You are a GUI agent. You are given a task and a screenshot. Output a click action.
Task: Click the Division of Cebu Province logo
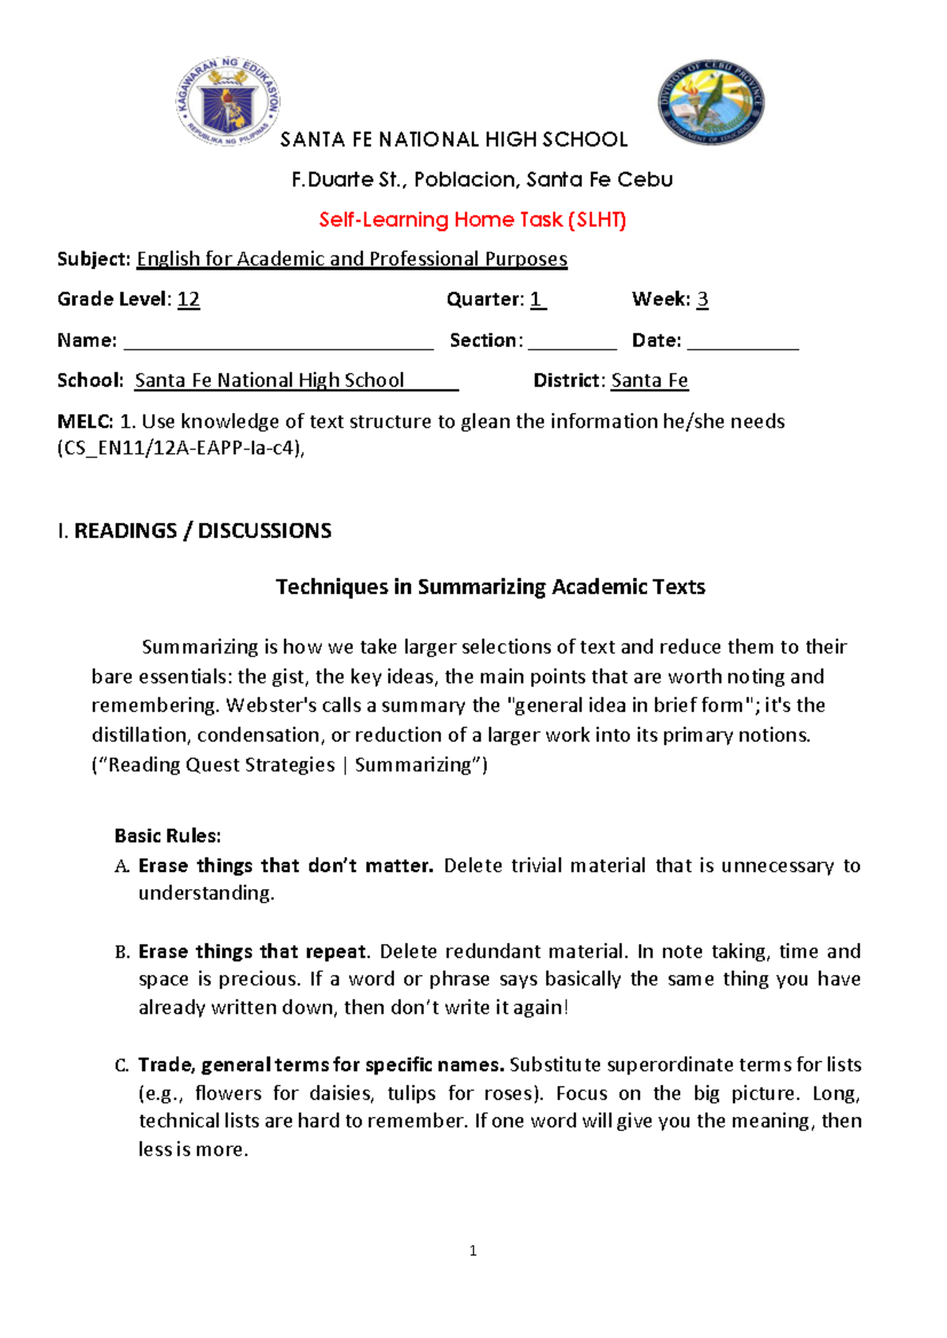[x=710, y=103]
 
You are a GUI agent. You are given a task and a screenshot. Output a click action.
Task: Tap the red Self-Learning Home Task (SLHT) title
[x=472, y=220]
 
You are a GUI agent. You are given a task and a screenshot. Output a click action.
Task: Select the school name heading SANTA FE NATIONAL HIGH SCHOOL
[x=454, y=140]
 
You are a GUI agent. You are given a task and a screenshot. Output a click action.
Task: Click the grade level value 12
[x=189, y=300]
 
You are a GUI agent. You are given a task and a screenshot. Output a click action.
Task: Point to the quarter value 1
[x=537, y=300]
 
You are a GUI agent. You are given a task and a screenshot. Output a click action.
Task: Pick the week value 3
[x=702, y=300]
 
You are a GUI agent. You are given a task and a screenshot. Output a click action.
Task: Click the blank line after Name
[x=279, y=342]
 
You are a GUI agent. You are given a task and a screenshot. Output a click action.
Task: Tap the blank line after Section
[x=572, y=342]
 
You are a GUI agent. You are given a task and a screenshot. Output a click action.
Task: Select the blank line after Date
[x=743, y=342]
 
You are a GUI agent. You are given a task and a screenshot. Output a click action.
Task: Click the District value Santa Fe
[x=649, y=381]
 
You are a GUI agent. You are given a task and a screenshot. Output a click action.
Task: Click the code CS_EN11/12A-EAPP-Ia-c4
[x=181, y=450]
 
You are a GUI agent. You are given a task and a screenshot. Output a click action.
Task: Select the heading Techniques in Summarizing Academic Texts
[x=490, y=587]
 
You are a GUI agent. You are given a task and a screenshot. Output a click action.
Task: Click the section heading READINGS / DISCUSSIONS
[x=202, y=531]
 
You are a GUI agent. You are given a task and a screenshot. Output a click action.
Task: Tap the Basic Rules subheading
[x=167, y=836]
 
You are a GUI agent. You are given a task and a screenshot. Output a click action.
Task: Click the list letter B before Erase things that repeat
[x=122, y=952]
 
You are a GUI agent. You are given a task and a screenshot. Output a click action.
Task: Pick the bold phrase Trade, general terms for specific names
[x=321, y=1065]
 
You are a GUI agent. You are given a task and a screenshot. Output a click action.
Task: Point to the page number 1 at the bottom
[x=473, y=1250]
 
